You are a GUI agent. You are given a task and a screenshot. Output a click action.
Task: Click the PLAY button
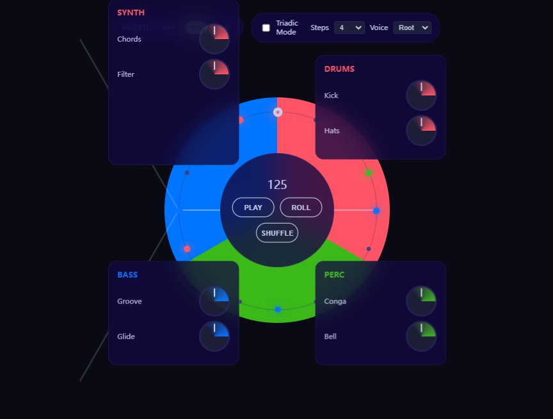coord(253,208)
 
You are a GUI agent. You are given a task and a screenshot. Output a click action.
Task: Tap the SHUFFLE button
coord(277,233)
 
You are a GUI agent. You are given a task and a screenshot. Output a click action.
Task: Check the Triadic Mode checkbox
coord(266,28)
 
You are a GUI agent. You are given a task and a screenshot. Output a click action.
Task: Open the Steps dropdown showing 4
coord(349,28)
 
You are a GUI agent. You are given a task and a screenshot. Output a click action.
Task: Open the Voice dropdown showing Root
coord(412,28)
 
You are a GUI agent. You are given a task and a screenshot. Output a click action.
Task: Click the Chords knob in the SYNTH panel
coord(214,39)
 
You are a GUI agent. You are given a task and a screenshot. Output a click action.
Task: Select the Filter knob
coord(214,74)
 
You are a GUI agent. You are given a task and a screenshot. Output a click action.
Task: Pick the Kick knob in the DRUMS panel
coord(421,95)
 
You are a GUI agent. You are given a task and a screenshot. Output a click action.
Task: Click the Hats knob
coord(421,131)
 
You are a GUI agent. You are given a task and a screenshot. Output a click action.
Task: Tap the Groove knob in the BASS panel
coord(214,301)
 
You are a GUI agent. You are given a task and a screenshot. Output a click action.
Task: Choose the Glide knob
coord(214,336)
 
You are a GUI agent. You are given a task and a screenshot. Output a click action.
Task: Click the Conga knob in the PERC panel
coord(421,301)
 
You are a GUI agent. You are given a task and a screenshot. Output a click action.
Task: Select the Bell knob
coord(421,336)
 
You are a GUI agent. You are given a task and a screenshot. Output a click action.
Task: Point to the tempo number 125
coord(277,185)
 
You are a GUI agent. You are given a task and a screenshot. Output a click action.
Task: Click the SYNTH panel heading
coord(131,12)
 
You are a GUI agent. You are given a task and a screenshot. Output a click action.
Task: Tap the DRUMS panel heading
coord(339,69)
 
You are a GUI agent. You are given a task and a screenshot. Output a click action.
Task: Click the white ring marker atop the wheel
coord(278,112)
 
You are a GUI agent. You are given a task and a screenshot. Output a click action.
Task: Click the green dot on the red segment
coord(369,173)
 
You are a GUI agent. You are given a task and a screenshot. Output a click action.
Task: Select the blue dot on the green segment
coord(278,309)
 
